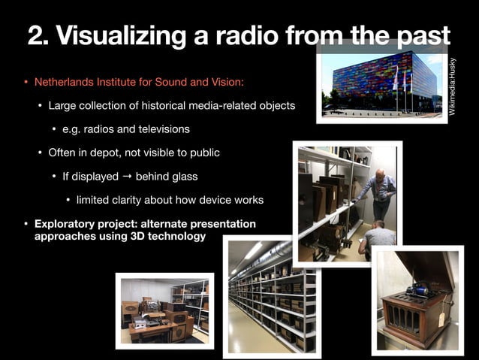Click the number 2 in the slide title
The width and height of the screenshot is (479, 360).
click(x=35, y=35)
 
